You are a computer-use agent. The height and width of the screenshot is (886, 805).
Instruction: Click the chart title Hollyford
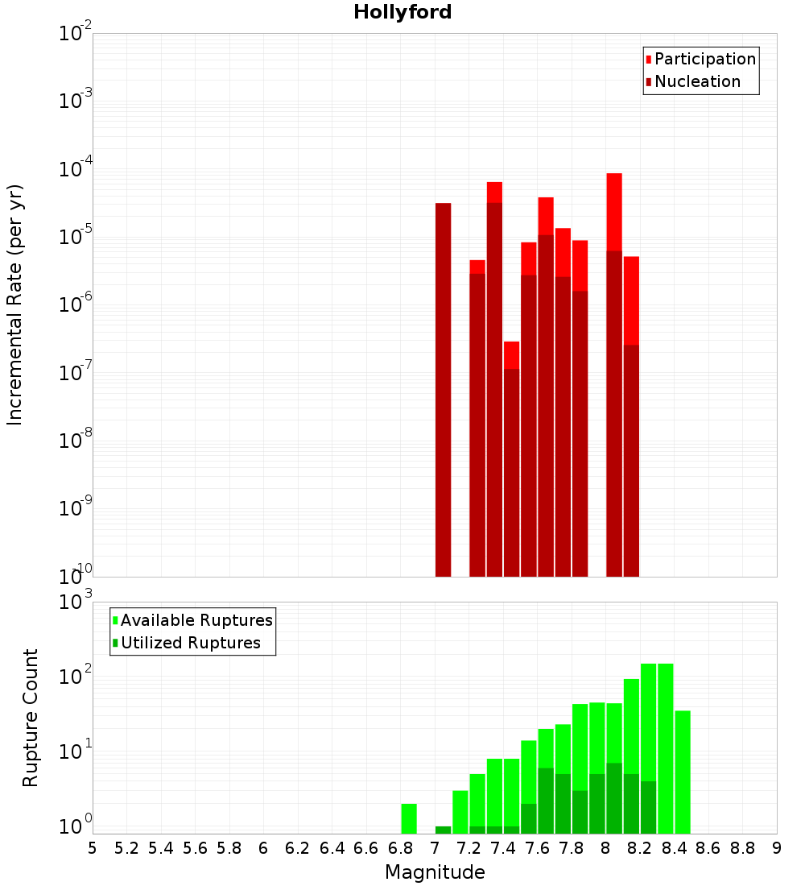(x=402, y=12)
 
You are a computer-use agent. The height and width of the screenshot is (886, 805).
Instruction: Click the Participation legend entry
(x=705, y=59)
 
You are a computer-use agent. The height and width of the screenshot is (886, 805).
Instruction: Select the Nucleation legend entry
(x=697, y=81)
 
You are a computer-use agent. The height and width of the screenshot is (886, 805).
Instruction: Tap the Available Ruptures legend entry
(x=196, y=620)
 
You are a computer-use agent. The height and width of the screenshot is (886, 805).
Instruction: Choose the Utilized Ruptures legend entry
(x=190, y=643)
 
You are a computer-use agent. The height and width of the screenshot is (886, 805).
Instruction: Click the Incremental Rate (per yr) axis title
(x=14, y=304)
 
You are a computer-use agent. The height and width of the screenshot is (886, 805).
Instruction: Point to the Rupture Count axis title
(x=31, y=718)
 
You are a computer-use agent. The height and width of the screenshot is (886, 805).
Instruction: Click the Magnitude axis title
(x=435, y=872)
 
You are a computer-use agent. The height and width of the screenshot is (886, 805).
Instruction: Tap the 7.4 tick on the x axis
(x=503, y=848)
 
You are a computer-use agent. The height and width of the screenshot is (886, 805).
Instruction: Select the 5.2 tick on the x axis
(x=126, y=848)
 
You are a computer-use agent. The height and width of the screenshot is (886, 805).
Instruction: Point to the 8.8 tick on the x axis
(x=742, y=848)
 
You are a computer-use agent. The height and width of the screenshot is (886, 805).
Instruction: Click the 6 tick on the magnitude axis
(x=263, y=848)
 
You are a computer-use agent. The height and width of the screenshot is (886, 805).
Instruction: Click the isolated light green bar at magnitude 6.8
(x=409, y=818)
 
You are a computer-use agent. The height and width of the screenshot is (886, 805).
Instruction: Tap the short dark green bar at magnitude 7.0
(x=443, y=830)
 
